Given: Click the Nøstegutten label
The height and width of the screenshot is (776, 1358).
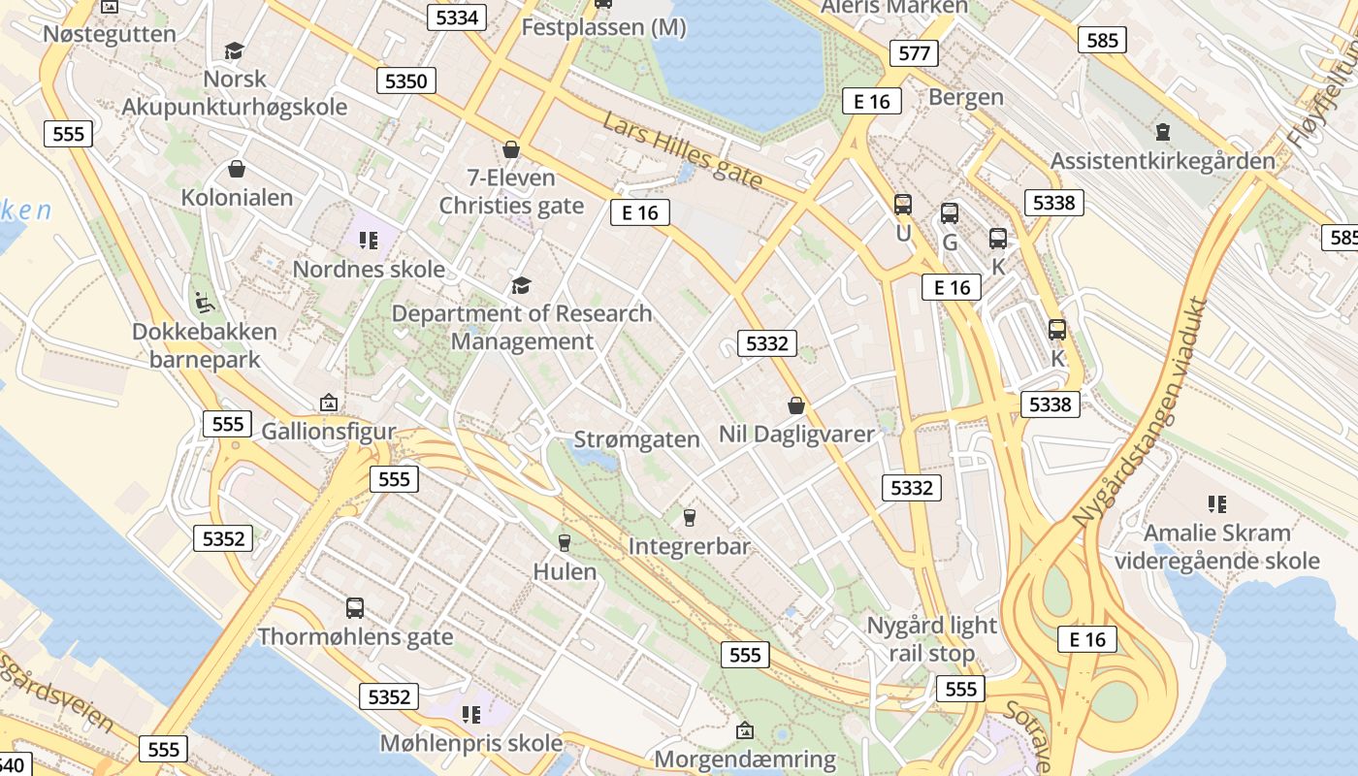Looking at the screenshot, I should coord(110,34).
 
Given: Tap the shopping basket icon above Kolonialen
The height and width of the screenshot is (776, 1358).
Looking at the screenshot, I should coord(236,170).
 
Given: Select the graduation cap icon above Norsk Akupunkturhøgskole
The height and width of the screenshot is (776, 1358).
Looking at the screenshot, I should coord(233,50).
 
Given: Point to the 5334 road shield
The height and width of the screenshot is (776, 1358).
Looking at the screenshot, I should coord(457,17).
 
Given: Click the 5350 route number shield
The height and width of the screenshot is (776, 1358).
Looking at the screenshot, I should coord(405,81).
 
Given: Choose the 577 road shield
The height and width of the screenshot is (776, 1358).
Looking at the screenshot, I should coord(914,52).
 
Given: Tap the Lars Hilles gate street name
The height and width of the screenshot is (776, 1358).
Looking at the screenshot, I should coord(682,150).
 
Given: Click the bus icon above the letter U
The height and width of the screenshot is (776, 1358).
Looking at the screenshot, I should coord(903,205).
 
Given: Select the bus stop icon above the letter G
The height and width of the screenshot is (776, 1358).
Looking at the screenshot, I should coord(950,213).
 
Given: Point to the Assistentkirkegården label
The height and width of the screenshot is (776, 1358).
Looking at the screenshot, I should coord(1162,161).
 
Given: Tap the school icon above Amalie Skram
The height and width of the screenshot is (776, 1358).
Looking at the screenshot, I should coord(1216,503).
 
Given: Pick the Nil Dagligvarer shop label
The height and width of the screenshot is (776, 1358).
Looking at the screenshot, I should coord(796,435).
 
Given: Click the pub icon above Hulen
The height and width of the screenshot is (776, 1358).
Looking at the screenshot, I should coord(565,542).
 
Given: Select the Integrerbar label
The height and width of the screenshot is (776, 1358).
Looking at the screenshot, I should coord(689,547).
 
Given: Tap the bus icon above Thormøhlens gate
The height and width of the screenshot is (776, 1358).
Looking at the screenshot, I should coord(355,608).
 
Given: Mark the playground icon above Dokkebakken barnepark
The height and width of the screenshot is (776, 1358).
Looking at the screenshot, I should coord(204,303).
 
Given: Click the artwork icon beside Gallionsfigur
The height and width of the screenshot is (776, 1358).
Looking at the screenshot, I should coord(329,403).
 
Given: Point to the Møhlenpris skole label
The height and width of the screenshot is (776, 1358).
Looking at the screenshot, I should coord(470,743).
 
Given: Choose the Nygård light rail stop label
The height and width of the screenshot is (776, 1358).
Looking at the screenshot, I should coord(931,639).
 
